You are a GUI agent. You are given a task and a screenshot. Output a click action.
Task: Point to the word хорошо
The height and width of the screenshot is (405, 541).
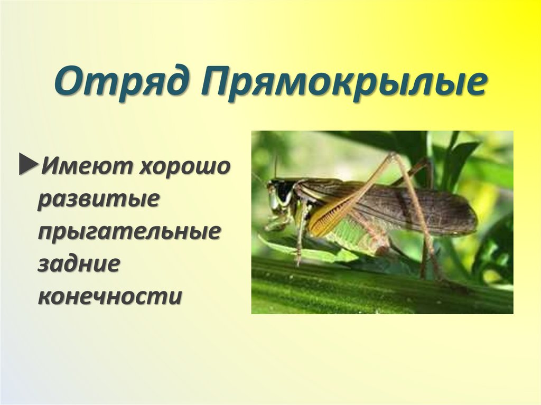[185, 168]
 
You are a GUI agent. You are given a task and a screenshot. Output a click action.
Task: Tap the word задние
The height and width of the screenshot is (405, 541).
[76, 264]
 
